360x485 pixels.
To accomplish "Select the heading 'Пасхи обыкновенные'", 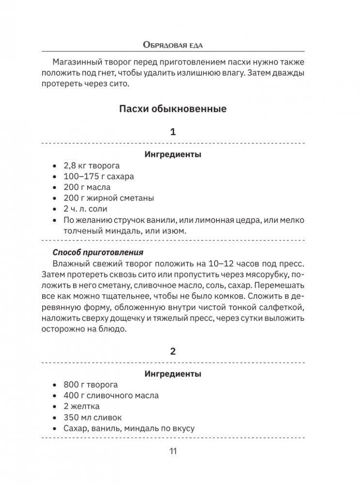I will (173, 109).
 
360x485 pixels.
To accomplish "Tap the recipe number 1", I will (173, 132).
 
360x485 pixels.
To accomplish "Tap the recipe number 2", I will (173, 352).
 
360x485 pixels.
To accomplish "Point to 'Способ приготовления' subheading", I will (98, 252).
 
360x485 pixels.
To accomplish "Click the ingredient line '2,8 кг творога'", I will (92, 166).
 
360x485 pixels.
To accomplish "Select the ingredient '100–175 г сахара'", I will (99, 176).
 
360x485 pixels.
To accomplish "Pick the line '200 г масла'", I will (87, 187).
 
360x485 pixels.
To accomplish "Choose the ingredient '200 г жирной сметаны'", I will (109, 198).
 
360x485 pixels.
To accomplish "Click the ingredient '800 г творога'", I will (91, 385).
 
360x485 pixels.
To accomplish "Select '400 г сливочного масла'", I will (111, 395).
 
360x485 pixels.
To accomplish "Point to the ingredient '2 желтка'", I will (81, 407).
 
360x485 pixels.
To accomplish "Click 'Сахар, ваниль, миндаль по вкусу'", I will (129, 428).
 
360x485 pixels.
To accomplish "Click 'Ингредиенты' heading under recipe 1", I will (173, 155).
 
